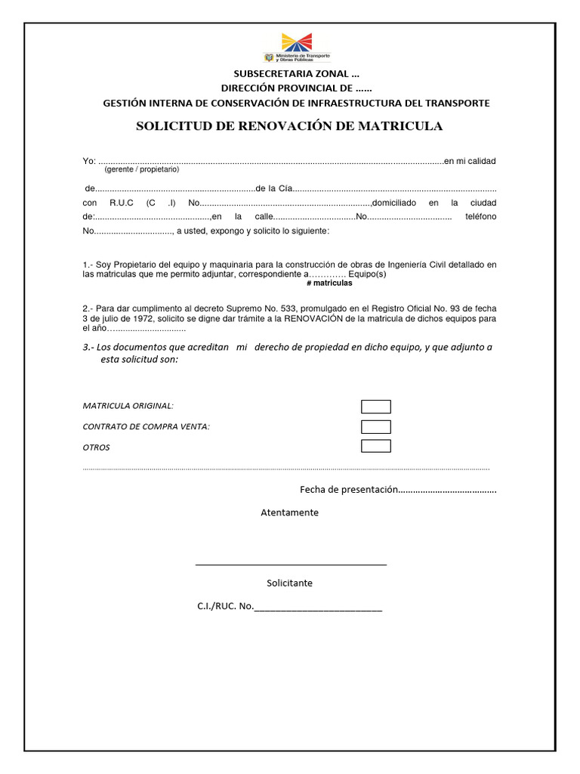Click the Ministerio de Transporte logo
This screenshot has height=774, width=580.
pyautogui.click(x=296, y=48)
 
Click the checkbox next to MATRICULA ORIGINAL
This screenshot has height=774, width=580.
pyautogui.click(x=375, y=407)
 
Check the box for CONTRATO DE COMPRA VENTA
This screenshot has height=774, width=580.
pyautogui.click(x=375, y=426)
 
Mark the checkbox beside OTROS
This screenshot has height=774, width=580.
pyautogui.click(x=375, y=446)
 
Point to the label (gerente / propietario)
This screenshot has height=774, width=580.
pyautogui.click(x=141, y=169)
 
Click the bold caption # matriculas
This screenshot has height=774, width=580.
pyautogui.click(x=329, y=283)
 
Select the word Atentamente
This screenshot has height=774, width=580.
pyautogui.click(x=289, y=512)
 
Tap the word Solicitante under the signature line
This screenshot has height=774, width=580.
pyautogui.click(x=289, y=583)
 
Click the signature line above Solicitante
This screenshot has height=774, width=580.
pyautogui.click(x=291, y=564)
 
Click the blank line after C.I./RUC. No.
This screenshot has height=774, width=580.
pyautogui.click(x=318, y=607)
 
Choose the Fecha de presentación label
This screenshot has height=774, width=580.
pyautogui.click(x=348, y=490)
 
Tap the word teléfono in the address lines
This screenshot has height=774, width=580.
pyautogui.click(x=480, y=217)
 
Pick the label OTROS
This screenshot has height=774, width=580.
pyautogui.click(x=96, y=447)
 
